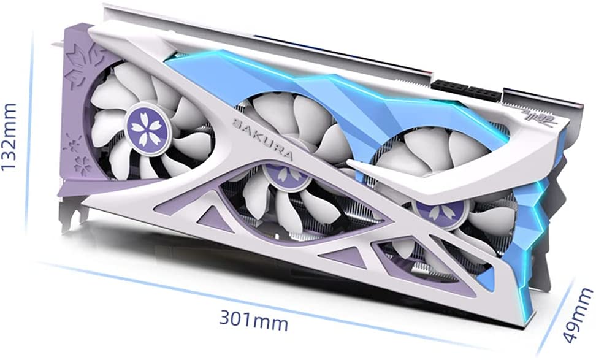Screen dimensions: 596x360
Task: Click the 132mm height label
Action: point(9,137)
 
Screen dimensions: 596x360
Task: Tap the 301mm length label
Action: point(254,321)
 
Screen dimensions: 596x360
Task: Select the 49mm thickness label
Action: point(578,315)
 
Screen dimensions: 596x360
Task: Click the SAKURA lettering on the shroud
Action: point(262,139)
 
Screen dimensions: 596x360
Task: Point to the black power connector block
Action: point(466,91)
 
